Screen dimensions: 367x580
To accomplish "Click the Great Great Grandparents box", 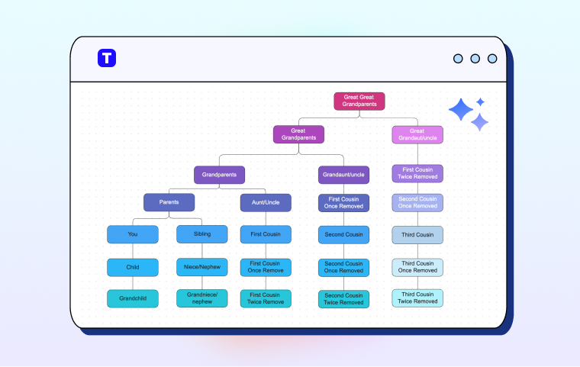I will [359, 101].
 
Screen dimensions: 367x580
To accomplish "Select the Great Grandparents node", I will [298, 134].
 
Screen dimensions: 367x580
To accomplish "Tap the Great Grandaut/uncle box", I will [417, 134].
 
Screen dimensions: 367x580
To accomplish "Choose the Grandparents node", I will [219, 175].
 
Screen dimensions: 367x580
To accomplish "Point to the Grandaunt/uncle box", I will [343, 175].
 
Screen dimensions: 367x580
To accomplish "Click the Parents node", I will [169, 202].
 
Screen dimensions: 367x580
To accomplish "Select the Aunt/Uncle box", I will [266, 202].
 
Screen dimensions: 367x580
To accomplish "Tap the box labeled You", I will [133, 234].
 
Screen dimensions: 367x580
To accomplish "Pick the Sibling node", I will [202, 234].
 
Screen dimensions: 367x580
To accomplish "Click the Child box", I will [133, 267].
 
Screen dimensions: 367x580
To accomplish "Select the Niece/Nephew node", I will [202, 267].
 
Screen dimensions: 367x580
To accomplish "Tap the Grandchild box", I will [133, 298].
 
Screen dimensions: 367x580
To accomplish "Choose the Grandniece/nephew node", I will [202, 298].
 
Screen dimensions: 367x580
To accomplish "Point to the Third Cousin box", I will [417, 235].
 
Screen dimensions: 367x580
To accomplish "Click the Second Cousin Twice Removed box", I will [343, 298].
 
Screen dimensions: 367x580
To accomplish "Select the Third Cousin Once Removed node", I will [417, 267].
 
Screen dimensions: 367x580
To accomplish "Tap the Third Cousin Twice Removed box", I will [417, 298].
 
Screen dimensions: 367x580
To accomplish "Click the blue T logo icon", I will [107, 58].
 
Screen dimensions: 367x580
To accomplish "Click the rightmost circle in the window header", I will [492, 59].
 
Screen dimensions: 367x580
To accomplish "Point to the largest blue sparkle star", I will [461, 111].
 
